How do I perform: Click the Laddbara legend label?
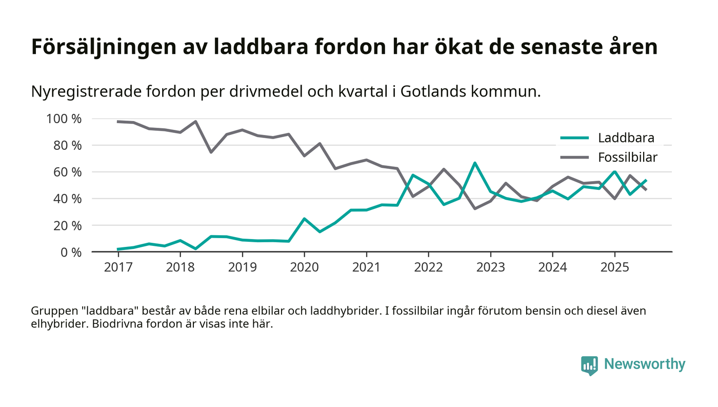point(626,138)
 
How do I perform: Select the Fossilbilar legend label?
point(627,157)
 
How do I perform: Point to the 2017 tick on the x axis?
point(118,268)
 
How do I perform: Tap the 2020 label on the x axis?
point(304,268)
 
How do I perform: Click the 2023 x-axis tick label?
point(490,268)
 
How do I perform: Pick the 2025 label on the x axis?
point(614,268)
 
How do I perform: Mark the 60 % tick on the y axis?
point(69,172)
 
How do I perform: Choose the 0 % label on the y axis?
point(72,252)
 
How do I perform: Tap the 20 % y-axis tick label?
point(69,225)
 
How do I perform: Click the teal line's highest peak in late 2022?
point(475,163)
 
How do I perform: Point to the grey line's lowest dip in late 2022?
point(475,208)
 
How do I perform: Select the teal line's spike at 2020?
point(304,219)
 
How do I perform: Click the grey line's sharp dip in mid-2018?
point(211,152)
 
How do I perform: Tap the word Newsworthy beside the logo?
point(644,364)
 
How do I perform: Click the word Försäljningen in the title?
point(103,47)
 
